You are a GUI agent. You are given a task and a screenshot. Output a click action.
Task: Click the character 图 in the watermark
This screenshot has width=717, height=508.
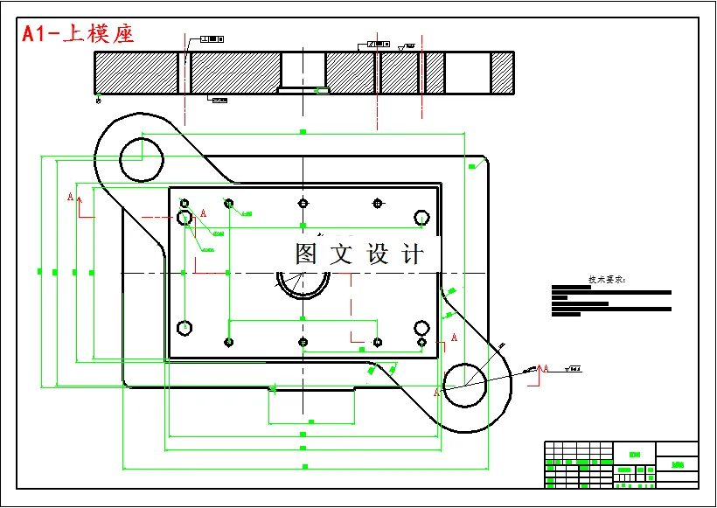(x=307, y=254)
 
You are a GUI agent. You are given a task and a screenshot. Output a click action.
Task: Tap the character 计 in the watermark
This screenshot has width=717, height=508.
(x=411, y=254)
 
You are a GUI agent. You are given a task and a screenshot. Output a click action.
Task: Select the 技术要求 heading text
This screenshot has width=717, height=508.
(x=607, y=280)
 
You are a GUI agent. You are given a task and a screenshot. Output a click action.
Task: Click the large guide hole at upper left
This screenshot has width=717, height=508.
(x=142, y=158)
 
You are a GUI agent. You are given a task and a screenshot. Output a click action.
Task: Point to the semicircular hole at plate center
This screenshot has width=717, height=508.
(x=303, y=283)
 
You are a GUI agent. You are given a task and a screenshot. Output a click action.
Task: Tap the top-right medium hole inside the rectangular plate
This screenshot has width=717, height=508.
(x=421, y=217)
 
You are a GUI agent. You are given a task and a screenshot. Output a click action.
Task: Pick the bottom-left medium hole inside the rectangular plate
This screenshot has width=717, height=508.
(x=184, y=328)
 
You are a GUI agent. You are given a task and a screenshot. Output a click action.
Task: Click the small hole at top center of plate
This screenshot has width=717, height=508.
(x=303, y=204)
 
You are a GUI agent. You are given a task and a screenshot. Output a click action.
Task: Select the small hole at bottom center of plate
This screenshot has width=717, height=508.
(x=303, y=342)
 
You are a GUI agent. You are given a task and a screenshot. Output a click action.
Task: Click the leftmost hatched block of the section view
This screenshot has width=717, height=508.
(x=136, y=72)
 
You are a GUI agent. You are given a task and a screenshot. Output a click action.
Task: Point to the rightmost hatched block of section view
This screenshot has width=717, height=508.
(x=502, y=72)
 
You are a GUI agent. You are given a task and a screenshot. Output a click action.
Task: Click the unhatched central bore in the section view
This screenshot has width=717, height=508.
(x=303, y=68)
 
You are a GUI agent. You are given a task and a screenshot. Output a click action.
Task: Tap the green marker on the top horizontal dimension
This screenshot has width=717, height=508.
(x=303, y=131)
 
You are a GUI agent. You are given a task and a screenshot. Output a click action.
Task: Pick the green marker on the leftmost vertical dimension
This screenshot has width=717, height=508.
(x=40, y=272)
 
